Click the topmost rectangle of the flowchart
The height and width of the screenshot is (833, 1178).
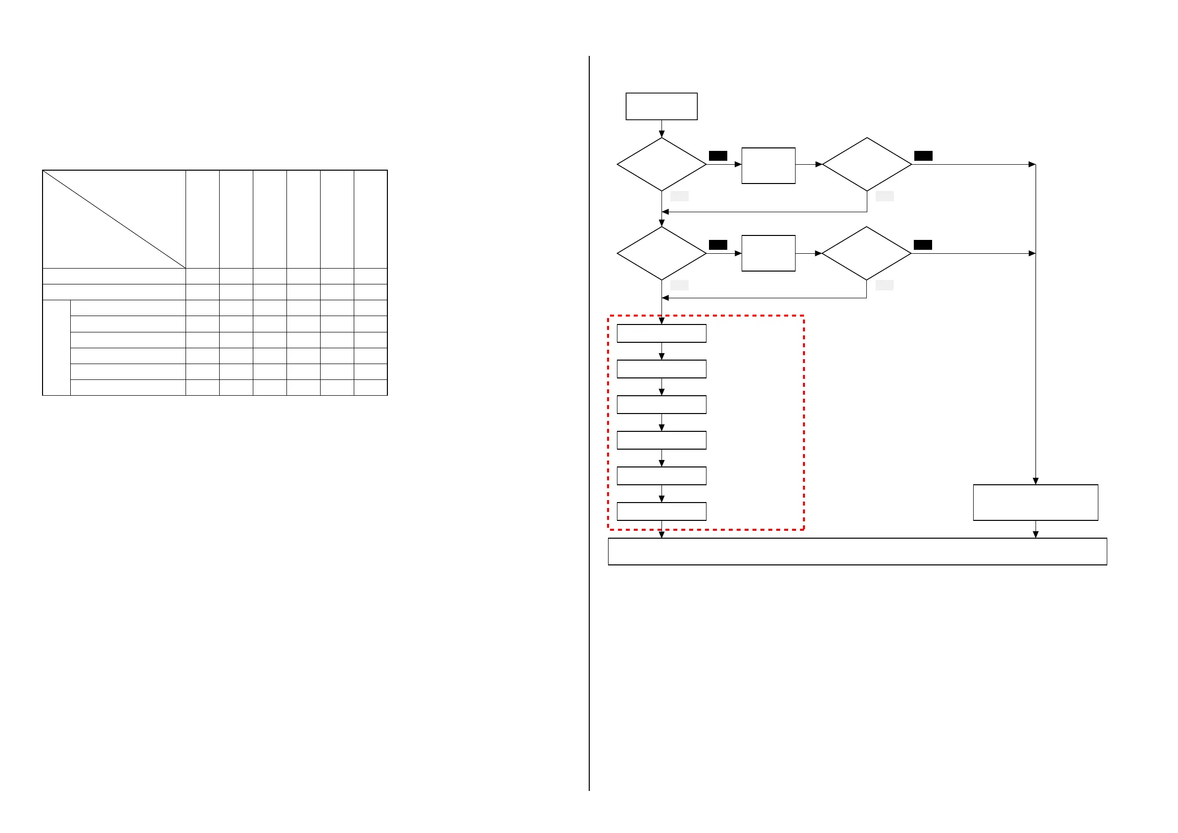(x=661, y=106)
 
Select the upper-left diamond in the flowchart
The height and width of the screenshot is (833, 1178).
(x=661, y=164)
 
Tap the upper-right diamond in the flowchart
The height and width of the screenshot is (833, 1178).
(x=867, y=164)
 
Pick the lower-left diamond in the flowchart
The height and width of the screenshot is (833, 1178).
(x=661, y=253)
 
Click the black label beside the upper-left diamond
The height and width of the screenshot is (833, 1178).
(x=718, y=156)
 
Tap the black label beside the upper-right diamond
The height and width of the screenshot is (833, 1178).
(x=923, y=156)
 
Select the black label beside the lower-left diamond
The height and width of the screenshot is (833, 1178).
(x=718, y=245)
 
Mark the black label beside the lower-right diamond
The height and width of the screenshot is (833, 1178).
(x=923, y=245)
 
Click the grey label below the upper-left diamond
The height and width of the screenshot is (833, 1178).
(x=679, y=196)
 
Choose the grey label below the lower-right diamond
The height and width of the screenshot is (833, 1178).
(x=884, y=285)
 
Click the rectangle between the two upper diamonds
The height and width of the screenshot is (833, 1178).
(x=768, y=166)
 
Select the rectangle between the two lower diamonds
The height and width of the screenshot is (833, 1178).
(x=768, y=253)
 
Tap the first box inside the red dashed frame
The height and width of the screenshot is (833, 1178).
(x=661, y=333)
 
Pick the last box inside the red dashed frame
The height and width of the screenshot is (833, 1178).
(x=661, y=511)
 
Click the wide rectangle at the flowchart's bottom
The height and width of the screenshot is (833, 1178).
(x=857, y=552)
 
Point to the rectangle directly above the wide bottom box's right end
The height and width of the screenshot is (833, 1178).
(x=1036, y=503)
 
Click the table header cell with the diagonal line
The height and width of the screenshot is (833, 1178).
(x=114, y=219)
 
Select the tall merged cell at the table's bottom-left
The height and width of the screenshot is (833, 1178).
(x=56, y=348)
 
